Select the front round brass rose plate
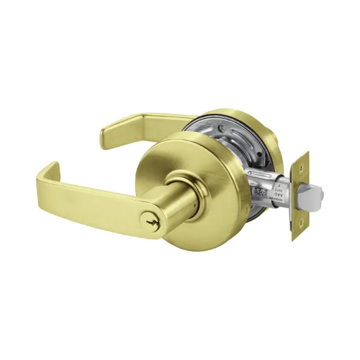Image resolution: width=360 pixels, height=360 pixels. (x=209, y=157)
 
